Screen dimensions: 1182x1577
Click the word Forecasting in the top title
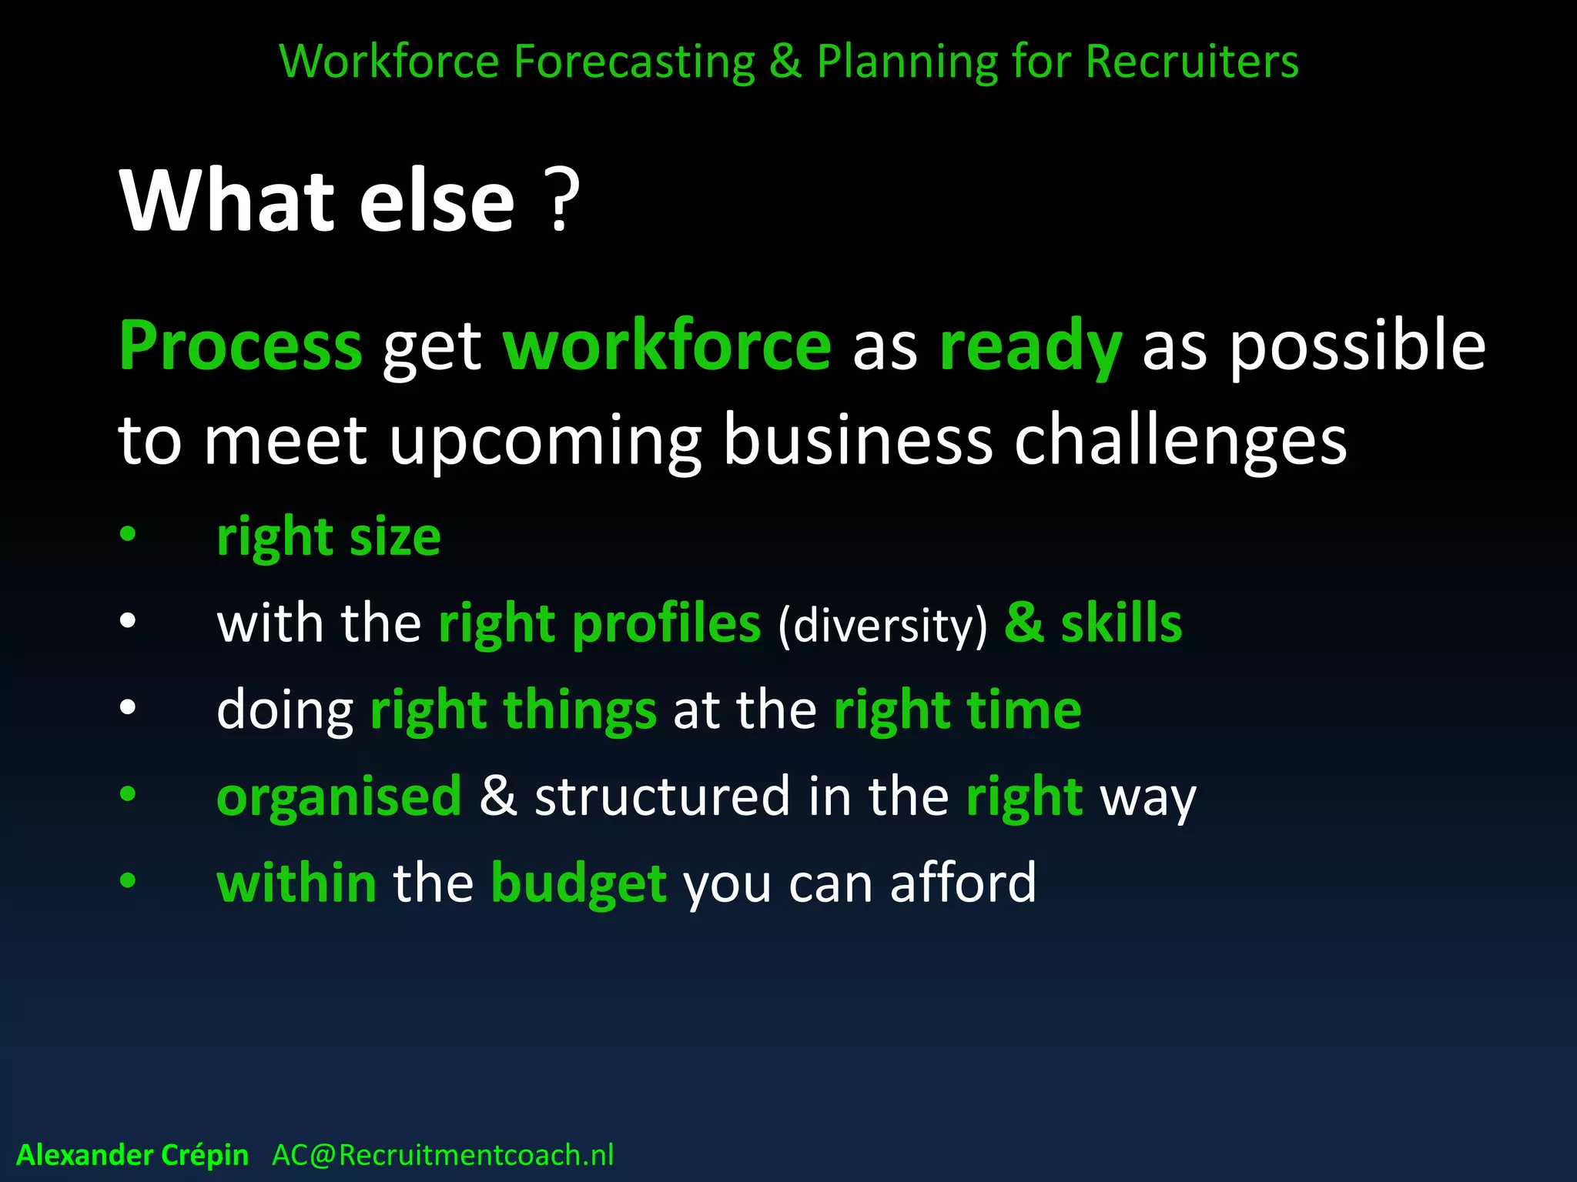[634, 62]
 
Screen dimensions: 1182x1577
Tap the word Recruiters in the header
[1192, 62]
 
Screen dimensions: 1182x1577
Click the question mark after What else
[562, 202]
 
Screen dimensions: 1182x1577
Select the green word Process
[240, 346]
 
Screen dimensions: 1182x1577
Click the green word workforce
[667, 346]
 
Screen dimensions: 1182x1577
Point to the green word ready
[1030, 346]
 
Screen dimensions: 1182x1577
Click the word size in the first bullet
[395, 536]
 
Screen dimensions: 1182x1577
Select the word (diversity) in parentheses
[882, 625]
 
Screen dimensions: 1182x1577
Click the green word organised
[339, 797]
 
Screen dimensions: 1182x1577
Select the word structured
[662, 796]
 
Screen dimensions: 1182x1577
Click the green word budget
[578, 883]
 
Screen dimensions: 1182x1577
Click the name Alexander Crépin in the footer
[132, 1155]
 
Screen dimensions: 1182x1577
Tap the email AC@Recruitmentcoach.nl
[443, 1155]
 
